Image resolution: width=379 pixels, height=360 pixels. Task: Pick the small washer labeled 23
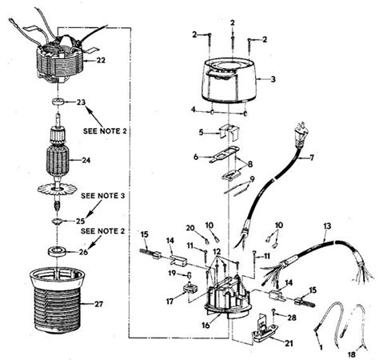click(x=58, y=102)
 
